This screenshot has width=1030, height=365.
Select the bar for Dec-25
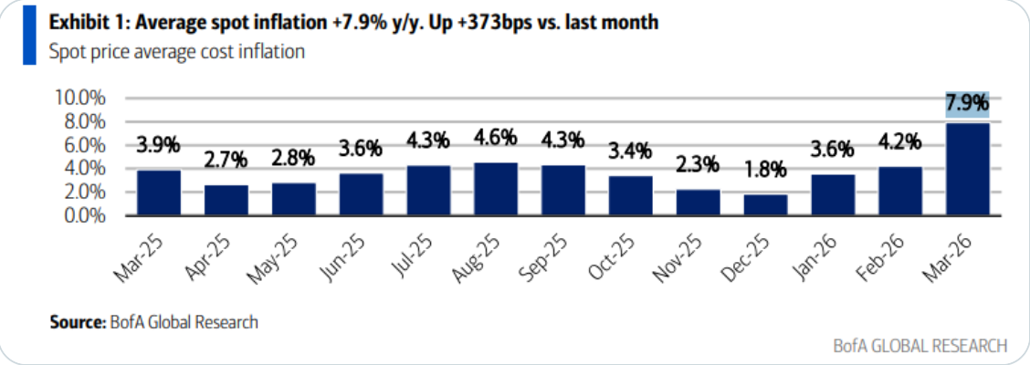tap(765, 205)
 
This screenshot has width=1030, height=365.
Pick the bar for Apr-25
tap(226, 201)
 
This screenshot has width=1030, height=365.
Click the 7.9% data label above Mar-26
tap(967, 102)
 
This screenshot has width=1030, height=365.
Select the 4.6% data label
tap(497, 138)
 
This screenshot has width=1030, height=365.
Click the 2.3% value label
tap(698, 165)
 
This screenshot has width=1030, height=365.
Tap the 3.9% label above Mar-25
tap(159, 144)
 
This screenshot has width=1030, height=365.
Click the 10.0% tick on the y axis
tap(81, 98)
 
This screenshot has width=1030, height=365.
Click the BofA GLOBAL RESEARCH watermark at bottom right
tap(920, 345)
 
